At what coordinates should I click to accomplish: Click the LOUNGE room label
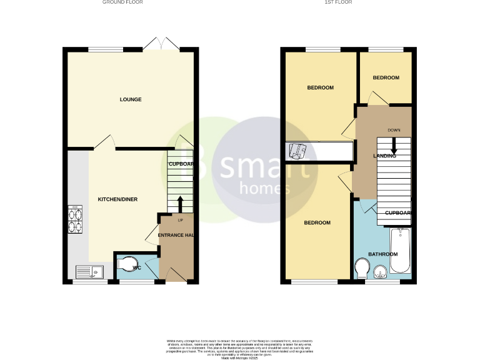[x=131, y=99]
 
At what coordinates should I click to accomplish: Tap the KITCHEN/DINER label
[x=117, y=199]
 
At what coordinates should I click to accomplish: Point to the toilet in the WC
[x=127, y=266]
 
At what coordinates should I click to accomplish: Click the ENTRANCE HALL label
[x=175, y=235]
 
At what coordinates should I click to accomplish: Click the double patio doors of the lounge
[x=161, y=44]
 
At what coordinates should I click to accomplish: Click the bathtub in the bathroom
[x=400, y=251]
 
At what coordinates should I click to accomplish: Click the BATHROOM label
[x=382, y=254]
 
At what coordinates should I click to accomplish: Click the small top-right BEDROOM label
[x=386, y=77]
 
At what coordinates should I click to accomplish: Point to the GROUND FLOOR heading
[x=122, y=2]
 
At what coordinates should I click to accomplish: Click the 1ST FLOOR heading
[x=338, y=2]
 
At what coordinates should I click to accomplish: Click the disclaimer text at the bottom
[x=240, y=347]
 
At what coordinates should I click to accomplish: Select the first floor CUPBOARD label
[x=398, y=213]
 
